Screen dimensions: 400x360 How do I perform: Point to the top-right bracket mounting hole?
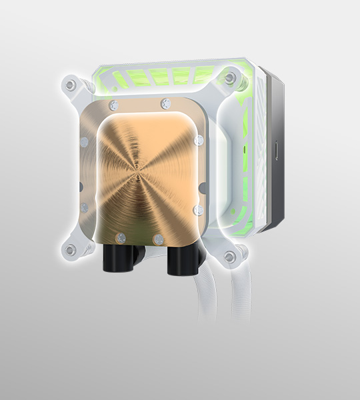coord(229,79)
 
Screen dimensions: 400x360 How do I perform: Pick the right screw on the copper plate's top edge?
coord(165,102)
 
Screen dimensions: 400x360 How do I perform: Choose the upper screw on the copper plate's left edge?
coord(83,142)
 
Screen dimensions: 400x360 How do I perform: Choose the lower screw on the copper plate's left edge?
coord(83,195)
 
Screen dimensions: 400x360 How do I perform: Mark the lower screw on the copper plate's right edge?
coord(197,210)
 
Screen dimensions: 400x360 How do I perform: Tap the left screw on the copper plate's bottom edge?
coord(119,237)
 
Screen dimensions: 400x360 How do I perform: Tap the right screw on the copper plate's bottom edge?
coord(157,237)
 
